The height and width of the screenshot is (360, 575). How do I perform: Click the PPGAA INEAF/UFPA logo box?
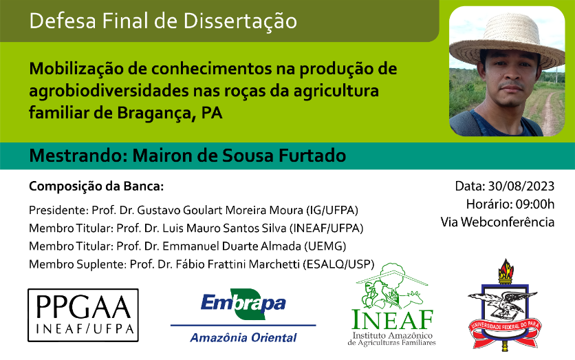pyautogui.click(x=83, y=315)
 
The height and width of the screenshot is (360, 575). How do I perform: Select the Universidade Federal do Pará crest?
pyautogui.click(x=505, y=305)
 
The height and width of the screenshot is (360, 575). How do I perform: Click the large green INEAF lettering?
pyautogui.click(x=392, y=319)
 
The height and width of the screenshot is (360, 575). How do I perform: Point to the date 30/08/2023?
pyautogui.click(x=521, y=186)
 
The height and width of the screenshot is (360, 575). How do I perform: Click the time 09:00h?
pyautogui.click(x=535, y=204)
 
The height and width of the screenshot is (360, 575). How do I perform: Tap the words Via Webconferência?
pyautogui.click(x=497, y=222)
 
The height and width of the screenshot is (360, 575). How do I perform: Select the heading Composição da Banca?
pyautogui.click(x=96, y=187)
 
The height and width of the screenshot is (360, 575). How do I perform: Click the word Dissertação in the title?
pyautogui.click(x=240, y=21)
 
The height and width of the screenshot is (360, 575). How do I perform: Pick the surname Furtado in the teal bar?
pyautogui.click(x=312, y=156)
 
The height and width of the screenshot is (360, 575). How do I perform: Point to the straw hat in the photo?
pyautogui.click(x=507, y=41)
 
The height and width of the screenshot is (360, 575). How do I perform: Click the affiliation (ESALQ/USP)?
pyautogui.click(x=338, y=264)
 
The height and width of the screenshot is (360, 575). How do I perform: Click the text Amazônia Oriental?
pyautogui.click(x=243, y=337)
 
